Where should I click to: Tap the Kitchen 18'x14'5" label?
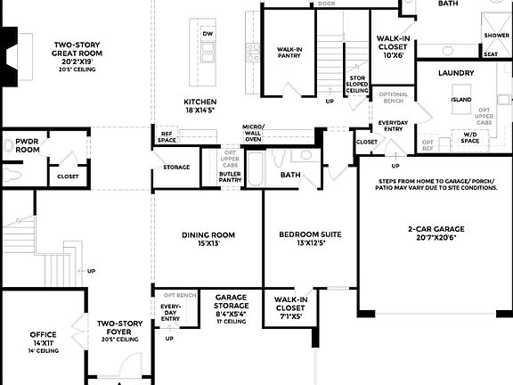[200, 106]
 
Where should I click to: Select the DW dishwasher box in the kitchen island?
[208, 34]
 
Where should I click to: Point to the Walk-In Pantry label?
[289, 53]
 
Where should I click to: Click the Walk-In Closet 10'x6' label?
[393, 47]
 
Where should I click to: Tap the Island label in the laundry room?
[460, 100]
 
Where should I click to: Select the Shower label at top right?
[496, 36]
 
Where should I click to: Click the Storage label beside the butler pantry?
[176, 167]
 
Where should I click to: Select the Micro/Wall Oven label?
[253, 134]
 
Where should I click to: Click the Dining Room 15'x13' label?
[207, 240]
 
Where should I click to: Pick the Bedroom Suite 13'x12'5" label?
[311, 239]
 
